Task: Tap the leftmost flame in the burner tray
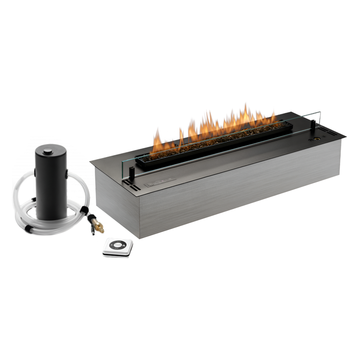pyautogui.click(x=156, y=140)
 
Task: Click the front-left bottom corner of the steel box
pyautogui.click(x=139, y=239)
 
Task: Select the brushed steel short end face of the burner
pyautogui.click(x=116, y=202)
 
